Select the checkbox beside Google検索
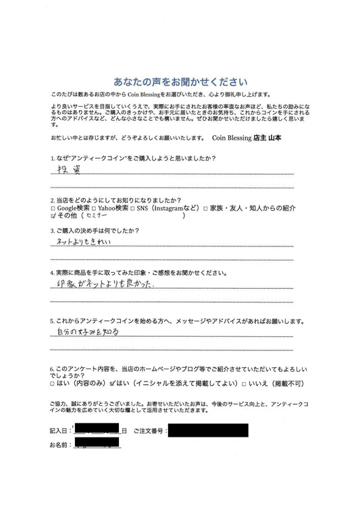[x=53, y=209]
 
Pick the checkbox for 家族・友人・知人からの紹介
[x=205, y=209]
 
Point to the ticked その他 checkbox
[x=53, y=217]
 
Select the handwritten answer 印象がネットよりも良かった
[x=104, y=286]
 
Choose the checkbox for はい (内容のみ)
[x=53, y=383]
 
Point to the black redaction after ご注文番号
[x=207, y=429]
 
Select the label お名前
[x=59, y=445]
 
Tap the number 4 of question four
[x=51, y=273]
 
